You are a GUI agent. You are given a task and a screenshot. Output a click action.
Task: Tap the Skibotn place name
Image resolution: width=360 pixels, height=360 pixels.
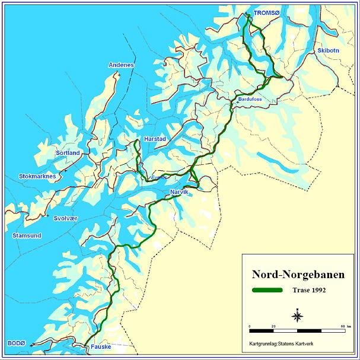tap(328, 50)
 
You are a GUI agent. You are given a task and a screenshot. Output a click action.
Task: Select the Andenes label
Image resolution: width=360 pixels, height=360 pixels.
tap(121, 65)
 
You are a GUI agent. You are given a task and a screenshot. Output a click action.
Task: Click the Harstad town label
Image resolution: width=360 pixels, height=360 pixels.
tap(155, 138)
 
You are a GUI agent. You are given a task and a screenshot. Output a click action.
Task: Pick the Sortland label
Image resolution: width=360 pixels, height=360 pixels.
tap(68, 152)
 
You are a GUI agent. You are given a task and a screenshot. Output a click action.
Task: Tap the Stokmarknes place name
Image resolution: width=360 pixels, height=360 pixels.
tap(37, 176)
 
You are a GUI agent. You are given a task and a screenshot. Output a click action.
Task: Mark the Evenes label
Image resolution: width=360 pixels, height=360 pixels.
tap(158, 177)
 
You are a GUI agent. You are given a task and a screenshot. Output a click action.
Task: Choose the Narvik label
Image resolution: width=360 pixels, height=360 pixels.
tap(179, 192)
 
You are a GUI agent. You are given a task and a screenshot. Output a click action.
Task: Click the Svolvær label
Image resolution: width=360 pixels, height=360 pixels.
tap(65, 218)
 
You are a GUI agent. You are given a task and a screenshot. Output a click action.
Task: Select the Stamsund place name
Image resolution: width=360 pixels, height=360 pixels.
tap(27, 235)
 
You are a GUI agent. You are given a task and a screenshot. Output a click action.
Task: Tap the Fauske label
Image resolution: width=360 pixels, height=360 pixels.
tap(101, 348)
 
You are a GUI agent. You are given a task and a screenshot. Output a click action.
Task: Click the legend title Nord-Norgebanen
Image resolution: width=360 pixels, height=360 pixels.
tap(290, 275)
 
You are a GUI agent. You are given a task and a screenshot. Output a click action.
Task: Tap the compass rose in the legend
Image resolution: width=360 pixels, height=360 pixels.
tap(297, 315)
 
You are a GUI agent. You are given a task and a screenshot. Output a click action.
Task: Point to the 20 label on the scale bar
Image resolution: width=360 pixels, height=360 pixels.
tap(273, 326)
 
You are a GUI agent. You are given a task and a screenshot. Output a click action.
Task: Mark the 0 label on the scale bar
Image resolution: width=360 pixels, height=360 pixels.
tap(250, 326)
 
